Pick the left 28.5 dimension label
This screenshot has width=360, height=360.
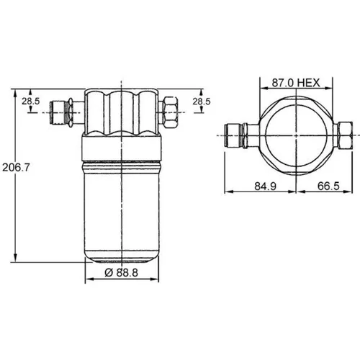tap(30, 102)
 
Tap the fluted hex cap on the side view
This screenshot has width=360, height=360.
tap(121, 112)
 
